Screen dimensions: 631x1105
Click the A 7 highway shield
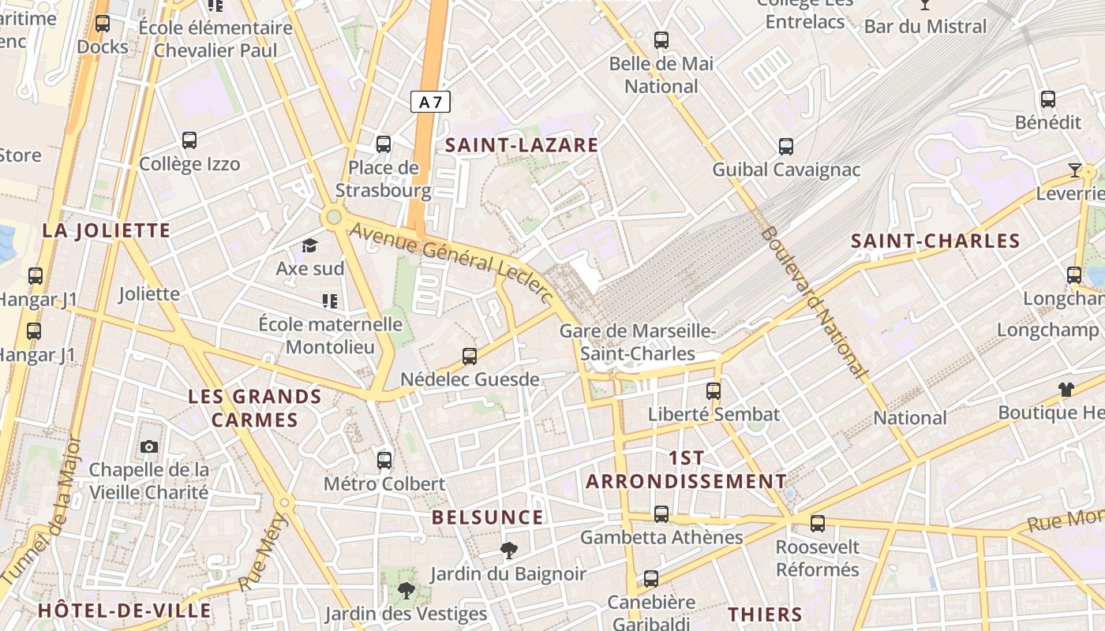(430, 102)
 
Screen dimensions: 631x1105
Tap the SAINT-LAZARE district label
(522, 145)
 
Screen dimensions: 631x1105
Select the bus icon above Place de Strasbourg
(384, 144)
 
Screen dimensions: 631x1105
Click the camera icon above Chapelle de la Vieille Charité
(149, 447)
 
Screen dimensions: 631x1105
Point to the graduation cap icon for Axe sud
(309, 245)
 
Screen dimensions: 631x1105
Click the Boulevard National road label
(813, 303)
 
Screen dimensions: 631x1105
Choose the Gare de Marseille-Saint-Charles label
(638, 342)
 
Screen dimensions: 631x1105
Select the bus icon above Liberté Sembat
(714, 390)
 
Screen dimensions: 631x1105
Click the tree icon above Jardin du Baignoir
(509, 551)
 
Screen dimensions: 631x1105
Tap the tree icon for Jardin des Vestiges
(406, 590)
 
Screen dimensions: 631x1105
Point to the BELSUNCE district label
(488, 518)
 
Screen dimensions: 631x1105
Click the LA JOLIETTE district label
(107, 231)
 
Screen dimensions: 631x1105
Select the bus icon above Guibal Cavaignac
(786, 146)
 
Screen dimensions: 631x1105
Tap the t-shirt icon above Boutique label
(1066, 389)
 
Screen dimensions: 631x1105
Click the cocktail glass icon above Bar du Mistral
(925, 5)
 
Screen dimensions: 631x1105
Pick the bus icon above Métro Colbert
(384, 460)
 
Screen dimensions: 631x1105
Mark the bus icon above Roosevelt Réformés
(818, 523)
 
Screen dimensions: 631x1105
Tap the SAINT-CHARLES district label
(935, 241)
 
